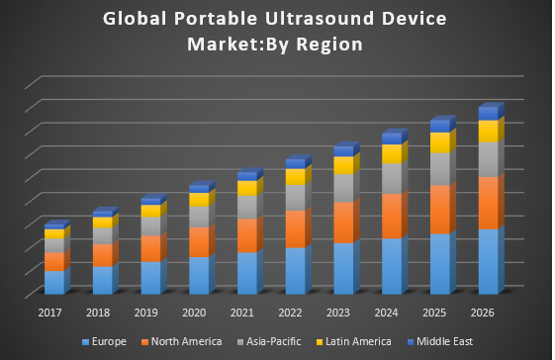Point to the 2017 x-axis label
(x=51, y=313)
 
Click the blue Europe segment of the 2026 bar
(x=488, y=262)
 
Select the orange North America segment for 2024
(x=391, y=216)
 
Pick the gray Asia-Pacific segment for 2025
(x=439, y=169)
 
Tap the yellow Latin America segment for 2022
(x=294, y=177)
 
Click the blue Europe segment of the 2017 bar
(x=54, y=282)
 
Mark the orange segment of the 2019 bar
(x=150, y=248)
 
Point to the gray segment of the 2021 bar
(x=246, y=207)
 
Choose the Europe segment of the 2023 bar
(x=343, y=268)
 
